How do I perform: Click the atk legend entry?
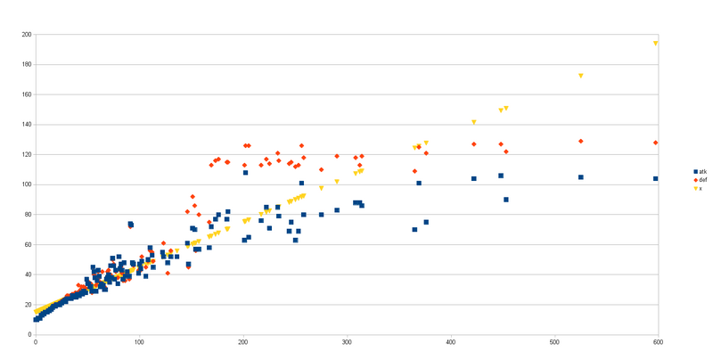(701, 171)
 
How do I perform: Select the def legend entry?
(701, 180)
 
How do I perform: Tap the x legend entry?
(700, 188)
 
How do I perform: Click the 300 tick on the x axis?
(348, 341)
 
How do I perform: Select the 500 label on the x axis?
(555, 341)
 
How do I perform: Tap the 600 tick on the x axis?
(659, 341)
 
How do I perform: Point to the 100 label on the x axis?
(140, 341)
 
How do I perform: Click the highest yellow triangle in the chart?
(656, 43)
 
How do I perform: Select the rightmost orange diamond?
(656, 143)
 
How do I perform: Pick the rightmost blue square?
(656, 178)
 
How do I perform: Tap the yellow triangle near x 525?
(581, 76)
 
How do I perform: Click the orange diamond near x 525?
(581, 141)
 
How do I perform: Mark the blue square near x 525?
(581, 177)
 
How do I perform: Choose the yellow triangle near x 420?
(474, 122)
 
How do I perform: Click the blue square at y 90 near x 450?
(506, 200)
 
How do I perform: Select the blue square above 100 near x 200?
(245, 173)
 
